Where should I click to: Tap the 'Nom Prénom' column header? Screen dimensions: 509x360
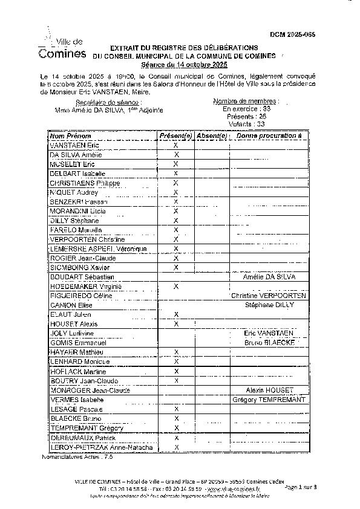(71, 136)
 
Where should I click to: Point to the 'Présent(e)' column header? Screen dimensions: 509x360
(175, 136)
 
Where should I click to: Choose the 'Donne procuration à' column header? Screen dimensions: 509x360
(269, 136)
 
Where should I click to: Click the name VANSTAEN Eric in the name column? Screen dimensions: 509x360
(74, 146)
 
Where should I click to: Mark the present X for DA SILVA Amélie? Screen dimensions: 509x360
(176, 155)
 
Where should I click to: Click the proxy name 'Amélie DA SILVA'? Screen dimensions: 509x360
(269, 276)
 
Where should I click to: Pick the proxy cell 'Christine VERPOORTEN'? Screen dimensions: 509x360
(269, 296)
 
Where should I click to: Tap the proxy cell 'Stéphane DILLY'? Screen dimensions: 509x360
(269, 305)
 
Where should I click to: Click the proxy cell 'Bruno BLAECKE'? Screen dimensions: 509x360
(269, 342)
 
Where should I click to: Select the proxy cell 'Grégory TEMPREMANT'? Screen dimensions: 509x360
(269, 400)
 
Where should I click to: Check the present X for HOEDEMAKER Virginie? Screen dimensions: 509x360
(176, 286)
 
